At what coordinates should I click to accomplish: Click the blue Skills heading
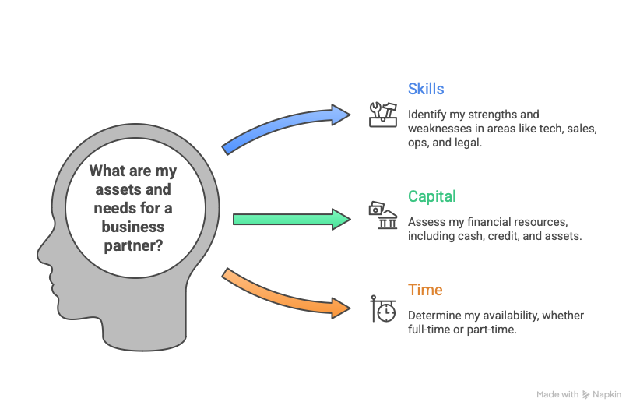pos(425,89)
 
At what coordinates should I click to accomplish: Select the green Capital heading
pos(432,197)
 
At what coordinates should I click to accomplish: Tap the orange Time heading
pos(425,290)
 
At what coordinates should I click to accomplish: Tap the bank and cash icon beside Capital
pos(382,216)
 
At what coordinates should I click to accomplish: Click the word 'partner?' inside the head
pos(132,245)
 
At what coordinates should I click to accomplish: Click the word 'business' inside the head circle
pos(132,227)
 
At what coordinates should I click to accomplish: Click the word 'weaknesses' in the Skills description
pos(438,129)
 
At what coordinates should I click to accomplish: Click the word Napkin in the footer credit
pos(607,395)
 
